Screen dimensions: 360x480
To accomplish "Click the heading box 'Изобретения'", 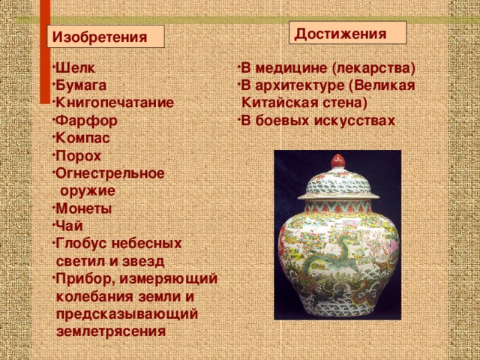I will coord(105,37).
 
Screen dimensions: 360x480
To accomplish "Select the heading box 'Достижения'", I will coord(346,33).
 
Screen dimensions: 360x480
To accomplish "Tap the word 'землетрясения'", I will coord(111,331).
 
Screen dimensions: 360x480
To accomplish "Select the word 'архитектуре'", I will coord(303,85).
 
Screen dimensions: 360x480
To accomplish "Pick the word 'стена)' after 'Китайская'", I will coord(342,103).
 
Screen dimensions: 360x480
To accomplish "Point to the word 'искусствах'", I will coord(357,121).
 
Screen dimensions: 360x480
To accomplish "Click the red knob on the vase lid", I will coord(337,160).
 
